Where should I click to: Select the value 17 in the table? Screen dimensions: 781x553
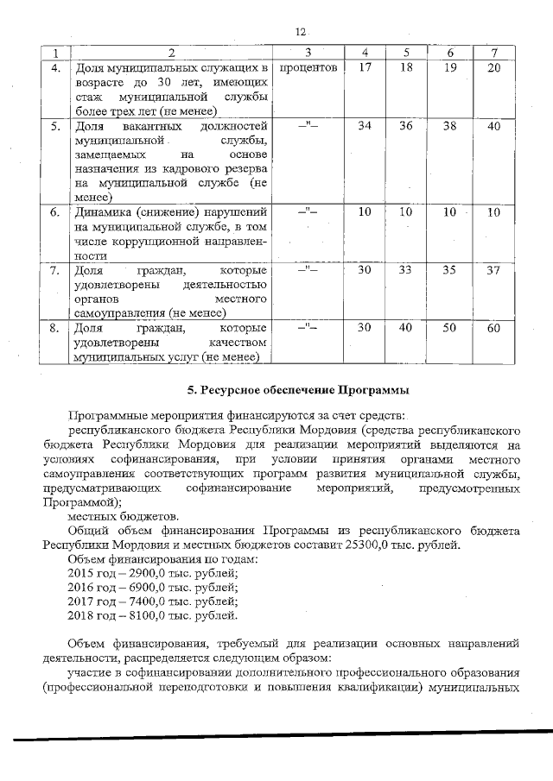point(365,67)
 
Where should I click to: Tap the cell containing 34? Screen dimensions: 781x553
point(365,126)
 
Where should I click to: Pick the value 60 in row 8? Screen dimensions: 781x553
point(493,328)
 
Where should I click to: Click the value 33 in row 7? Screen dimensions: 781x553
point(407,270)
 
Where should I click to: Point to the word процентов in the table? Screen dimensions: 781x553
point(308,67)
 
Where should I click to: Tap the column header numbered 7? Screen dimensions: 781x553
point(493,53)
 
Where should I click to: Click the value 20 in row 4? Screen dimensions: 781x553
point(493,67)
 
